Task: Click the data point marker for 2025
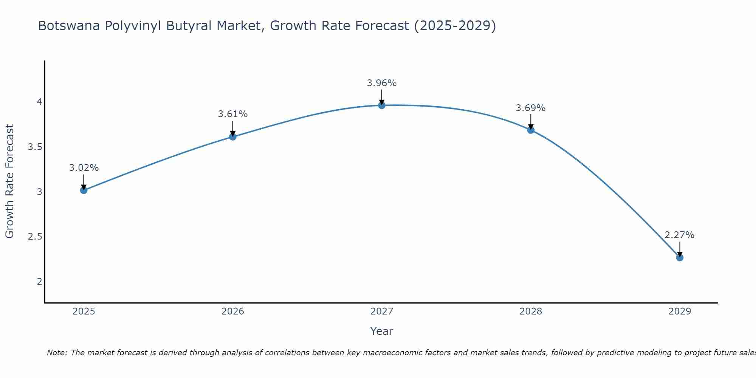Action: pos(84,190)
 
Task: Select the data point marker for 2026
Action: pos(233,137)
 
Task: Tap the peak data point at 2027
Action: pos(382,105)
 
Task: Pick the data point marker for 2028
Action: pos(531,130)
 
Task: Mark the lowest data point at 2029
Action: pos(680,257)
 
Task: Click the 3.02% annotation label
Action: pos(84,168)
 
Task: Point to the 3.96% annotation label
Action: pos(382,83)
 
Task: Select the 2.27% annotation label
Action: pos(680,235)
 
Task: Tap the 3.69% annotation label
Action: pos(531,108)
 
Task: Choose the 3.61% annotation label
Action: pos(233,114)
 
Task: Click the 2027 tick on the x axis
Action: pos(382,311)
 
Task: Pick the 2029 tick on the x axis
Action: pos(680,311)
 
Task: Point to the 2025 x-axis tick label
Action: pos(84,311)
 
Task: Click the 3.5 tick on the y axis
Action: pos(35,147)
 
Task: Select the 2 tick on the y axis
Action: pos(39,281)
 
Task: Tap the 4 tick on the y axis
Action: pos(39,102)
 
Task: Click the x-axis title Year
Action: pos(382,331)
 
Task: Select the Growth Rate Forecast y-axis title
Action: pos(10,181)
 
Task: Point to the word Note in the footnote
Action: pos(56,353)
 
